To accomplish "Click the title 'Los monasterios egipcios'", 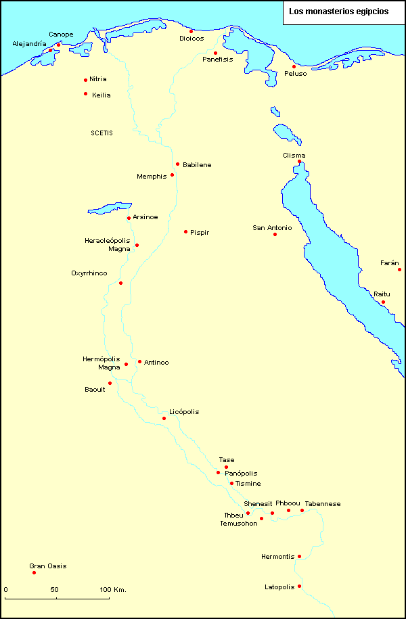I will (338, 12).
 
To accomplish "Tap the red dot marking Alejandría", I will (50, 50).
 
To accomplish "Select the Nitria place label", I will (98, 79).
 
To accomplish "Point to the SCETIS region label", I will (101, 133).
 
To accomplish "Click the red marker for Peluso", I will (294, 66).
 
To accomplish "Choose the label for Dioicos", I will (191, 39).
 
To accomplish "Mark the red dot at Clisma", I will (299, 162).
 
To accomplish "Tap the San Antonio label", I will (272, 228).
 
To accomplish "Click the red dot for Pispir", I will (185, 232).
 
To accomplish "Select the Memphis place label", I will (152, 177).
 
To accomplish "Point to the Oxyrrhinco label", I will (89, 273).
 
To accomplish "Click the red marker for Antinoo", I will (139, 361).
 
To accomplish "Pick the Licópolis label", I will (184, 412).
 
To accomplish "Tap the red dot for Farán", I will (399, 269).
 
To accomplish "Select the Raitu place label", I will (382, 294).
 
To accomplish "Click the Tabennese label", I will (323, 504).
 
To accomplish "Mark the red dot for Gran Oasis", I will (34, 573).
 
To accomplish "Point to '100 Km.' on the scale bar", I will (114, 590).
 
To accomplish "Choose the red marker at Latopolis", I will (299, 586).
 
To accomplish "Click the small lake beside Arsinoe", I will (108, 207).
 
